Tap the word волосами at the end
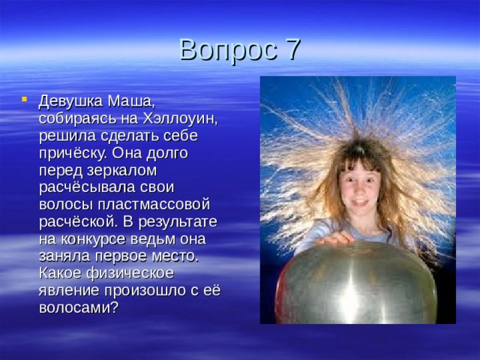[x=78, y=307]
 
